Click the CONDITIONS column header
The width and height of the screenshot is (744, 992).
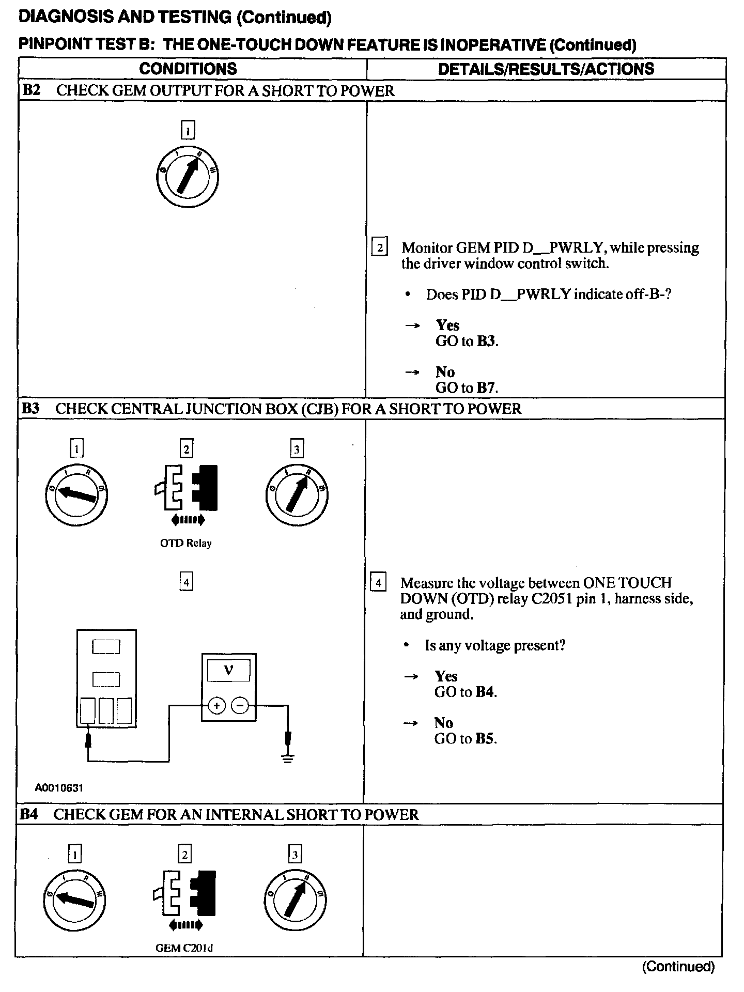pyautogui.click(x=188, y=69)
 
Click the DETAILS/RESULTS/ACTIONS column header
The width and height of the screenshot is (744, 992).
pyautogui.click(x=546, y=69)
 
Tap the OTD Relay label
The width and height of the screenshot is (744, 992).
pyautogui.click(x=186, y=543)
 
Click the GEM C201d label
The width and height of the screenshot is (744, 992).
pyautogui.click(x=184, y=948)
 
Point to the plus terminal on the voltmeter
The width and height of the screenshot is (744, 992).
pyautogui.click(x=216, y=705)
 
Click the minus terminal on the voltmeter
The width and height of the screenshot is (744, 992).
pyautogui.click(x=240, y=705)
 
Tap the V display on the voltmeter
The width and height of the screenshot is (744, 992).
pyautogui.click(x=228, y=671)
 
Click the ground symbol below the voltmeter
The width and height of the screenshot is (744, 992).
pyautogui.click(x=288, y=758)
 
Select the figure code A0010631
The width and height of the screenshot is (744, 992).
pyautogui.click(x=59, y=787)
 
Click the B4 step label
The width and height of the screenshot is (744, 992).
pyautogui.click(x=29, y=814)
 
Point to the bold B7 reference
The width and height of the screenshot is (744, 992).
pyautogui.click(x=486, y=388)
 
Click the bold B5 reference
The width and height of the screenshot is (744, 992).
pyautogui.click(x=485, y=738)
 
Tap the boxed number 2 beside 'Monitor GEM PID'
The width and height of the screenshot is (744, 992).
pyautogui.click(x=380, y=247)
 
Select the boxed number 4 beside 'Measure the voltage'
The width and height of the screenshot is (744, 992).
pyautogui.click(x=379, y=583)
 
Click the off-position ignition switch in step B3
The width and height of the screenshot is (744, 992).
pyautogui.click(x=76, y=494)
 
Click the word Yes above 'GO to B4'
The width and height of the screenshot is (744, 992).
pyautogui.click(x=446, y=676)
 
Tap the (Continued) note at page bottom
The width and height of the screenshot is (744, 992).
pyautogui.click(x=678, y=966)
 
